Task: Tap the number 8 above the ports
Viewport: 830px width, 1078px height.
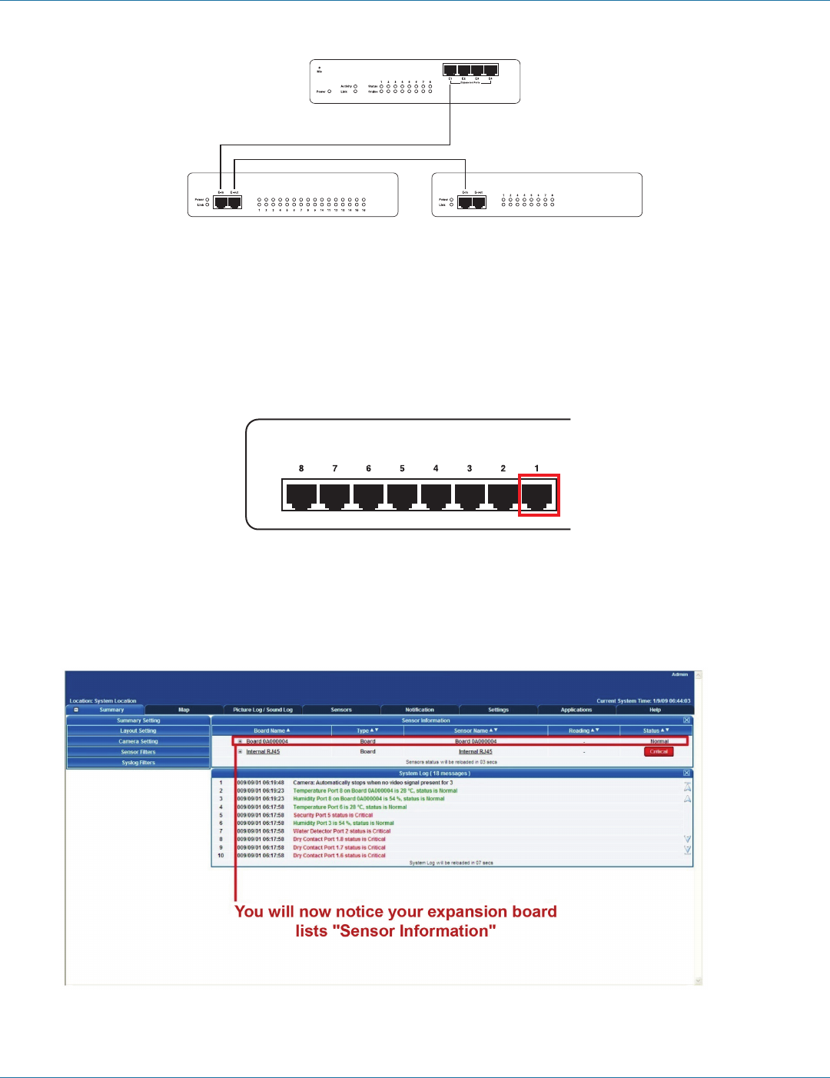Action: pyautogui.click(x=301, y=468)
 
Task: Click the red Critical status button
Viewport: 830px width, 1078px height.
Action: pyautogui.click(x=659, y=751)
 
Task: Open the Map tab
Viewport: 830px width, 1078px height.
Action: pyautogui.click(x=184, y=710)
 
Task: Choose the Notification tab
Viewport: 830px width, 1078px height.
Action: pyautogui.click(x=420, y=710)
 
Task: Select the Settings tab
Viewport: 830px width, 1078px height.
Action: pyautogui.click(x=498, y=710)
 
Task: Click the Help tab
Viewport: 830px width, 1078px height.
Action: pyautogui.click(x=655, y=710)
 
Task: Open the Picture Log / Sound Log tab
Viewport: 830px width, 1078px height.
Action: pyautogui.click(x=263, y=710)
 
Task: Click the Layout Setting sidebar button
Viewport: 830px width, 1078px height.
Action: pyautogui.click(x=138, y=731)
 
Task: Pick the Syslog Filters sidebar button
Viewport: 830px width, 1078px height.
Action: pyautogui.click(x=138, y=763)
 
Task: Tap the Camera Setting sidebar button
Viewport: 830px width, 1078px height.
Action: pyautogui.click(x=138, y=741)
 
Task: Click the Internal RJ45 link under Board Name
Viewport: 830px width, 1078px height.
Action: pyautogui.click(x=263, y=751)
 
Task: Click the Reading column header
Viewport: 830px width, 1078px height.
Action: pyautogui.click(x=583, y=730)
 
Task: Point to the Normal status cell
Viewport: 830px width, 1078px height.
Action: pyautogui.click(x=659, y=741)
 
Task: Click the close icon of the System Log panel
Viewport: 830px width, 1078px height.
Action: pyautogui.click(x=686, y=773)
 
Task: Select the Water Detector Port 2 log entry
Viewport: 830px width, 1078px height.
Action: pyautogui.click(x=341, y=831)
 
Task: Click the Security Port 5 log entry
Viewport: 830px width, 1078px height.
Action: pyautogui.click(x=333, y=815)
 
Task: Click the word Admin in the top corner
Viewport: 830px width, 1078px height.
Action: pyautogui.click(x=679, y=674)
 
